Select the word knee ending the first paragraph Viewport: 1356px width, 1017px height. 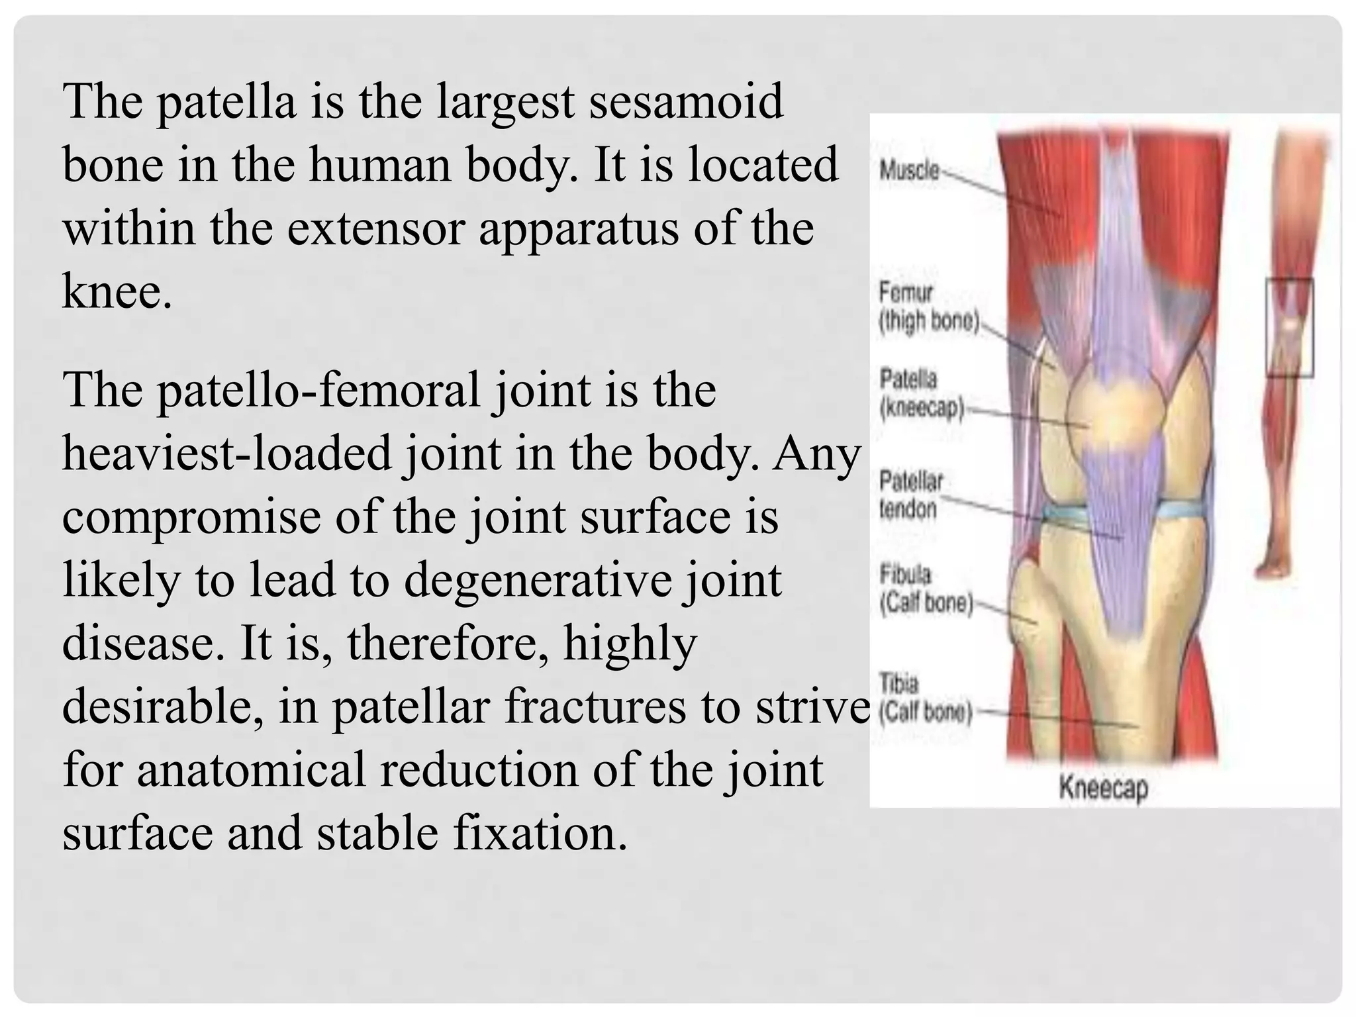113,291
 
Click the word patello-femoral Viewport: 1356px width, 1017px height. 317,390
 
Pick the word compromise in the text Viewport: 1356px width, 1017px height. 191,517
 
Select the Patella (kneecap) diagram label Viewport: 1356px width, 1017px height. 920,395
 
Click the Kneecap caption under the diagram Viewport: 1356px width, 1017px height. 1103,788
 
